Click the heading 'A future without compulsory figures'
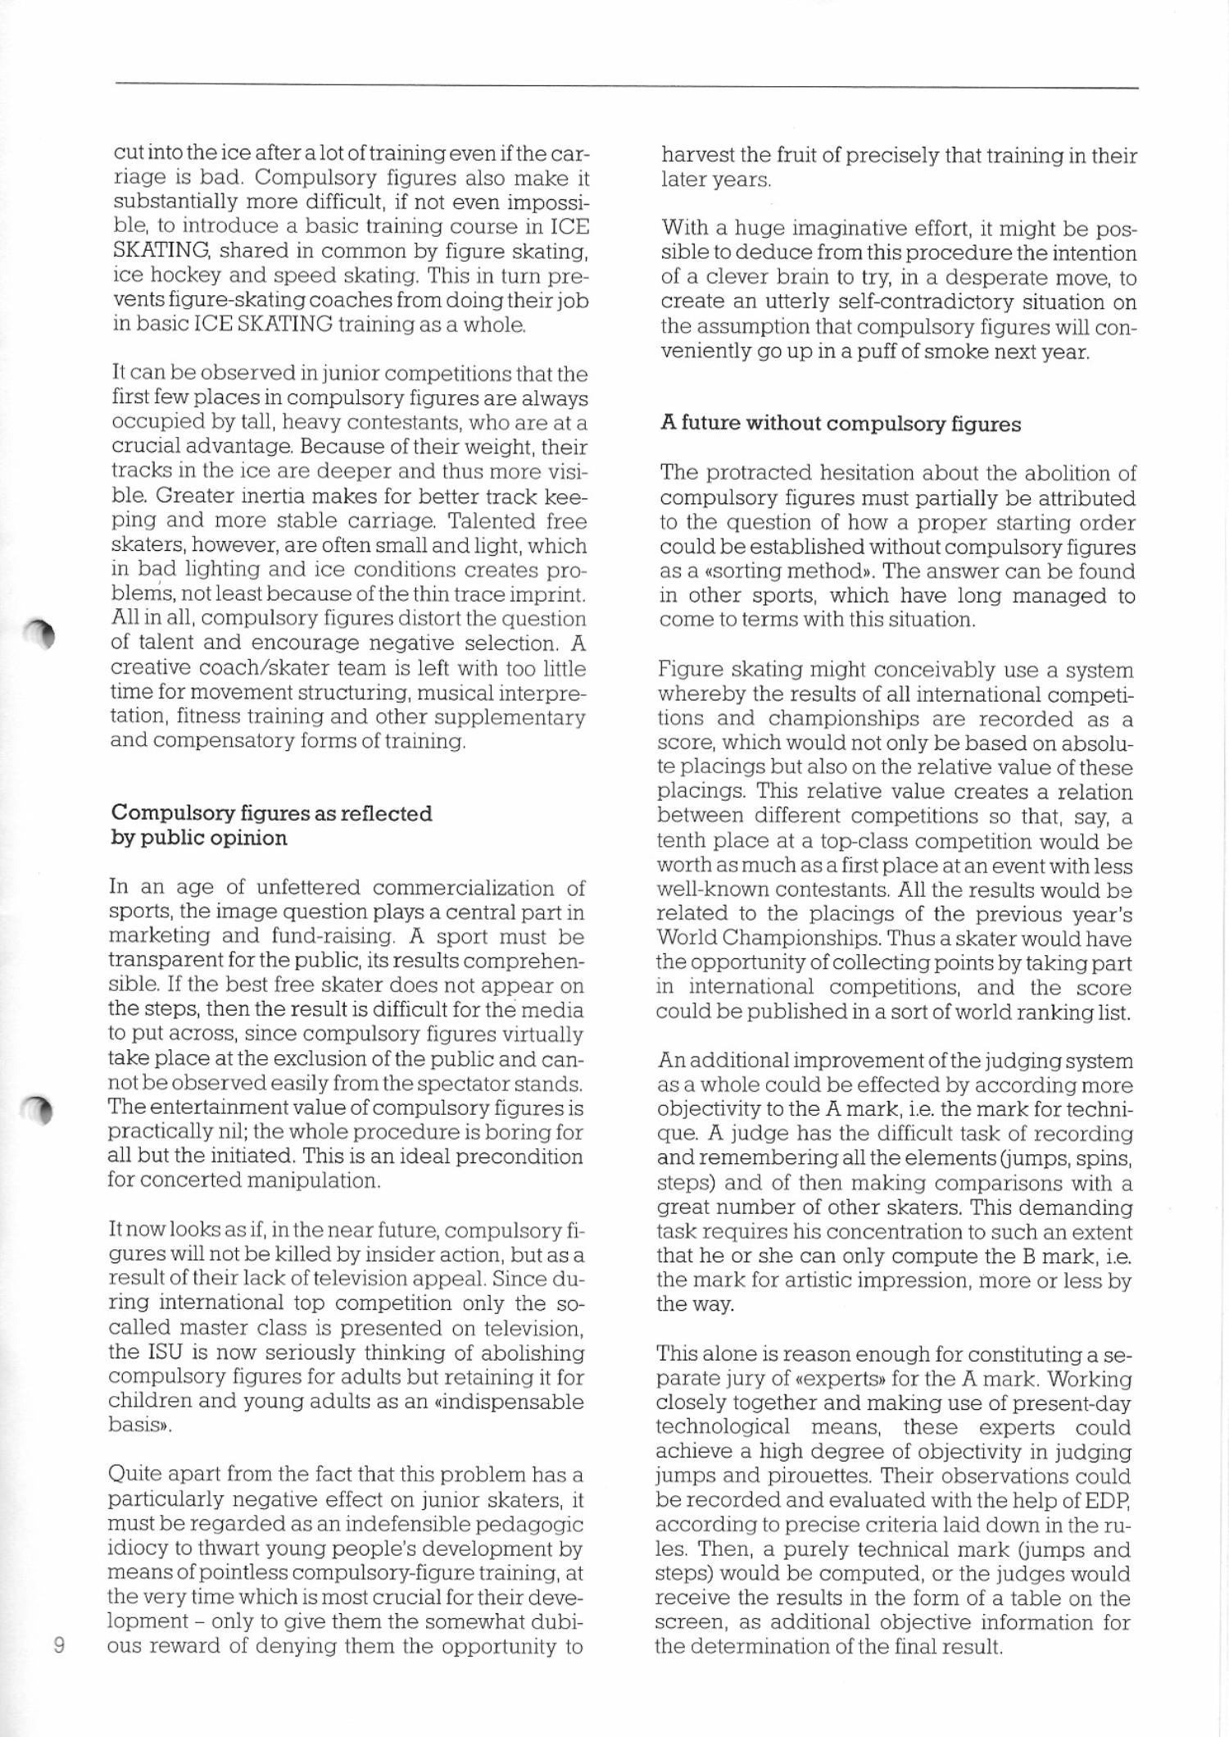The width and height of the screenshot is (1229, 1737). [840, 424]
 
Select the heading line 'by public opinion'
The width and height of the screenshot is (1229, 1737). [199, 838]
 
